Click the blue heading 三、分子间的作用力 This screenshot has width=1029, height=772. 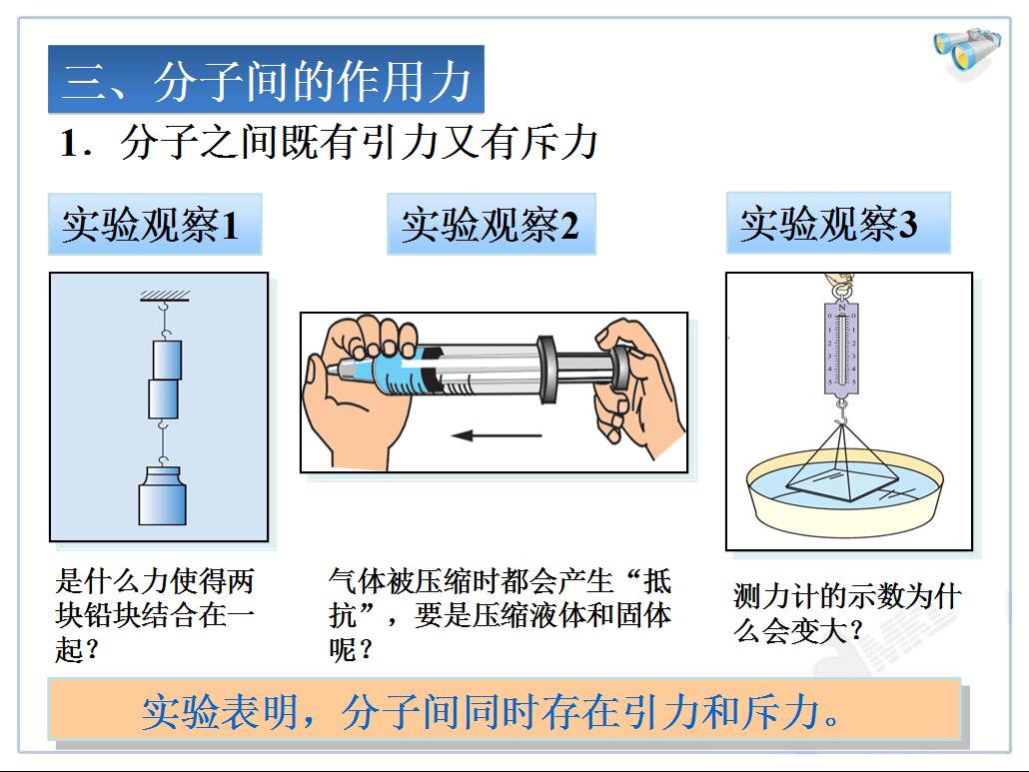point(266,79)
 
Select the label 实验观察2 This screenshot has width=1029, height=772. point(491,225)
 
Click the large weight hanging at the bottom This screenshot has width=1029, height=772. point(162,496)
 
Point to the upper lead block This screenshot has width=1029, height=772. point(168,360)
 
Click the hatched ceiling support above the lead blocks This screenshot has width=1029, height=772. point(165,296)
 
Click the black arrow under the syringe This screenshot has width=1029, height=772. point(497,434)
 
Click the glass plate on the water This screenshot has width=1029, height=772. point(842,485)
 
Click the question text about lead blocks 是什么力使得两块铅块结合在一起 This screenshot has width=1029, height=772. point(155,615)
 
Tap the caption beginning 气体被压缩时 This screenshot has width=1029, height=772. point(501,615)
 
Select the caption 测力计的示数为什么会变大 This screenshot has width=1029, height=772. point(847,613)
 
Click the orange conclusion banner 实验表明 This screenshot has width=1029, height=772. point(504,712)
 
